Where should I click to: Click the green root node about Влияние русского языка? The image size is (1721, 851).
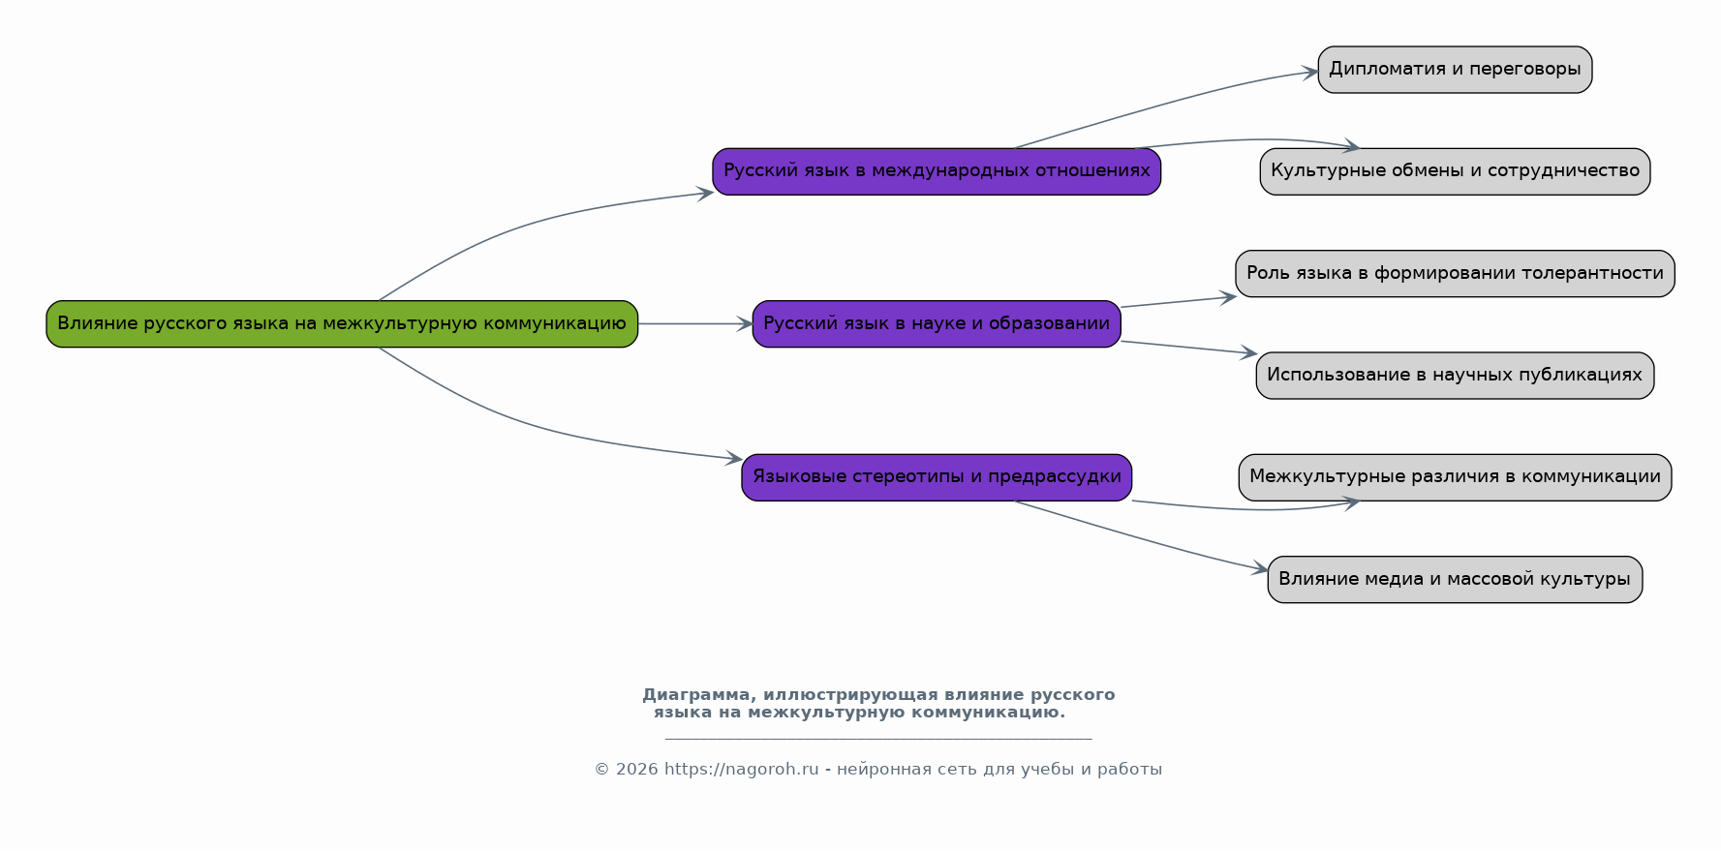point(342,323)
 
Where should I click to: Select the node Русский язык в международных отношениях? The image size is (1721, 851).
point(937,171)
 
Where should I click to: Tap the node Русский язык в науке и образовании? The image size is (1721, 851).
point(937,323)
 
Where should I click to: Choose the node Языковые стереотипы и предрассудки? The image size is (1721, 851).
point(937,477)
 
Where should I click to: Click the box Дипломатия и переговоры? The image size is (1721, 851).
point(1455,70)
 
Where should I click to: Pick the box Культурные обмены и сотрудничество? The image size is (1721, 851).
point(1455,171)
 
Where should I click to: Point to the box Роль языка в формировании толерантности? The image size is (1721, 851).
point(1455,273)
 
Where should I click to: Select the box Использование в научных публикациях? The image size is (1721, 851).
point(1455,376)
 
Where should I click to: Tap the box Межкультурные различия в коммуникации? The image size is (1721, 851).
point(1455,477)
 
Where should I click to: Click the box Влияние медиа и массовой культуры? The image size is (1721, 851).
point(1455,579)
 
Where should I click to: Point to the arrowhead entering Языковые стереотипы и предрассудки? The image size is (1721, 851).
point(734,458)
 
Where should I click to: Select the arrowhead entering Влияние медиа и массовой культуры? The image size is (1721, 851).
point(1260,569)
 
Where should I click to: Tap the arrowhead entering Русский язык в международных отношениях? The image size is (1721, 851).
point(705,193)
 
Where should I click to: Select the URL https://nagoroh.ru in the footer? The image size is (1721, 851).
point(741,770)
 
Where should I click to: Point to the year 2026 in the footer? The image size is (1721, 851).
point(636,770)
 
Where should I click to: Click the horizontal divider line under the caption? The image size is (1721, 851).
point(878,739)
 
